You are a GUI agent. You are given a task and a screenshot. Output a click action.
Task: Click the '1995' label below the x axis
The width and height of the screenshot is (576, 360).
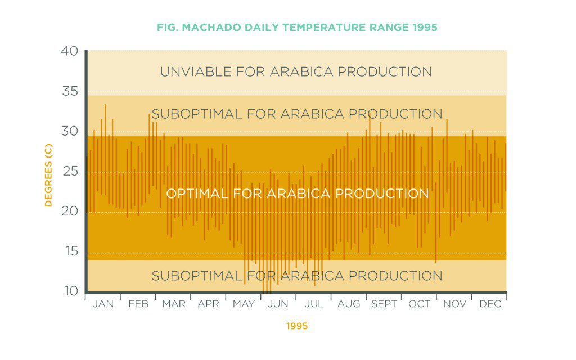coord(296,326)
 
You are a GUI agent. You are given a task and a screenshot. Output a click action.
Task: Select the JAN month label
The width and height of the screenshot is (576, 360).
coord(103,304)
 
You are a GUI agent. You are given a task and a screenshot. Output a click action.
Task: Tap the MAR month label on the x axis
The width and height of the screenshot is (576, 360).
coord(173,304)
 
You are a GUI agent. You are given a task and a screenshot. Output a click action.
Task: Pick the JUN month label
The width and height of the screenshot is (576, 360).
coord(278,304)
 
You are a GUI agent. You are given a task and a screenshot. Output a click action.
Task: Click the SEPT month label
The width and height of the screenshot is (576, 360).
coord(384,304)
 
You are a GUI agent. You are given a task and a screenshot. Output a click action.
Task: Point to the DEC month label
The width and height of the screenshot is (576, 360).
coord(490,304)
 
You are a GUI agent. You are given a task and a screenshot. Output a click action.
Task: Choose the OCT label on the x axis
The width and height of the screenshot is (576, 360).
coord(419,304)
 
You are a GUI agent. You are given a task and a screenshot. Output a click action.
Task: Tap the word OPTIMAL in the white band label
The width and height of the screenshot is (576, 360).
coord(197,193)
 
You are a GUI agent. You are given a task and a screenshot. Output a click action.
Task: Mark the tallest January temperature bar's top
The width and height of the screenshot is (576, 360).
coord(105,105)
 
